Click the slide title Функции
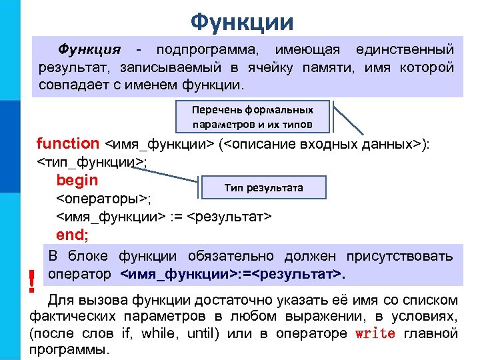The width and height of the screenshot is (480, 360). [x=241, y=22]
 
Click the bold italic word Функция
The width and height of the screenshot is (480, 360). [x=89, y=50]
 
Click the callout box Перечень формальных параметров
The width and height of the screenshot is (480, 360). [x=253, y=117]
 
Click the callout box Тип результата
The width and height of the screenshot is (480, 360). [x=263, y=187]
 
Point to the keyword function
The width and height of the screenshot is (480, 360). [x=67, y=143]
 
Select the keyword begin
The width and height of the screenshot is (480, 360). [x=77, y=180]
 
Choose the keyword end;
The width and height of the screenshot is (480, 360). [x=73, y=235]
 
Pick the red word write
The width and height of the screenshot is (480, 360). [x=375, y=333]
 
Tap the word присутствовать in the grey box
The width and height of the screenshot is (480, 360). [x=399, y=256]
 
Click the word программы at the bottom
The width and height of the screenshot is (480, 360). [x=70, y=350]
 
